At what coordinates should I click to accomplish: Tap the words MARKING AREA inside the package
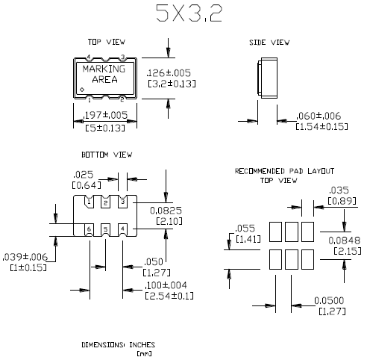pos(109,75)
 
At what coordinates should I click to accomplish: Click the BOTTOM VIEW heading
pos(107,155)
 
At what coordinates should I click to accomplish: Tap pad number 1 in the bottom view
pos(88,202)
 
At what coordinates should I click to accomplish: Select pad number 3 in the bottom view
pos(123,202)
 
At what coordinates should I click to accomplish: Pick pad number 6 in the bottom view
pos(88,228)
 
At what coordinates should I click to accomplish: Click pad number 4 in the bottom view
pos(123,228)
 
